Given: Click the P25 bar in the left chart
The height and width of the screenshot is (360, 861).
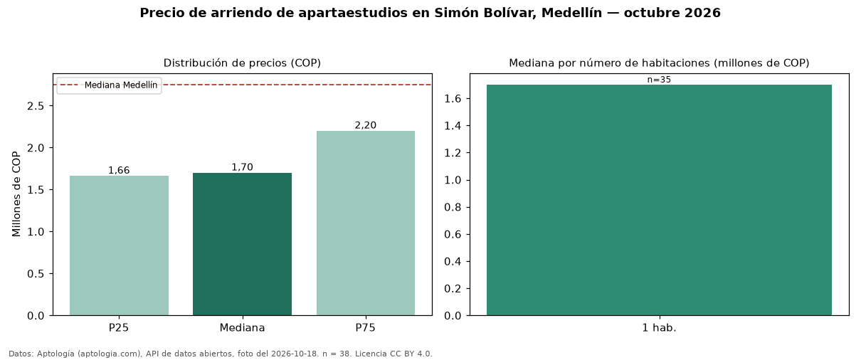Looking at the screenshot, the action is click(x=119, y=245).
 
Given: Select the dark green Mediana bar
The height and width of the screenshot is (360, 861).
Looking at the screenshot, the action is click(x=242, y=244).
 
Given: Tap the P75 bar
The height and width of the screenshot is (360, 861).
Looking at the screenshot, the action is click(x=366, y=223).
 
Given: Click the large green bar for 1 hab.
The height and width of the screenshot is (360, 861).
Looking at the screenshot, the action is click(x=659, y=200).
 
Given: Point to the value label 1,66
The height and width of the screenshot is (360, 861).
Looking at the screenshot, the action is click(x=119, y=170).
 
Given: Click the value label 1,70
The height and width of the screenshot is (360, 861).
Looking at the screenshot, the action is click(x=242, y=167).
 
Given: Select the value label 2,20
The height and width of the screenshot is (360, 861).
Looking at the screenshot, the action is click(x=366, y=125).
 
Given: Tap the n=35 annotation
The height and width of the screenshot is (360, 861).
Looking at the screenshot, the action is click(x=659, y=80).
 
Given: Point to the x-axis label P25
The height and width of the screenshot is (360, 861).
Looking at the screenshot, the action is click(x=119, y=328).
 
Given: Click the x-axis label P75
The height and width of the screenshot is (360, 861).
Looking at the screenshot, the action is click(x=365, y=328).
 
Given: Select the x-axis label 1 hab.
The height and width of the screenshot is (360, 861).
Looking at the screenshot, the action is click(x=659, y=328).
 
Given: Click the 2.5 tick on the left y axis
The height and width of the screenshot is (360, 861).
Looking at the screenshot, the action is click(x=36, y=106).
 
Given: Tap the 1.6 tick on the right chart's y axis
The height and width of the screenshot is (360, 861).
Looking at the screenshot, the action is click(x=453, y=99).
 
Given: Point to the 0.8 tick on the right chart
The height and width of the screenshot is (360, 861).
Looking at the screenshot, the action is click(x=453, y=207).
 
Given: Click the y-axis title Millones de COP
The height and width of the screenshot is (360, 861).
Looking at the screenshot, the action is click(x=16, y=194).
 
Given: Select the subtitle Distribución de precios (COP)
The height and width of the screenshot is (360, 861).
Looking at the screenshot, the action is click(x=242, y=63).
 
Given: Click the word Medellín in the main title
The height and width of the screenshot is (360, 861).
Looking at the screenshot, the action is click(x=571, y=13).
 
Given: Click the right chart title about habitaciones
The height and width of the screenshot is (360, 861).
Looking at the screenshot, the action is click(x=659, y=63).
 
